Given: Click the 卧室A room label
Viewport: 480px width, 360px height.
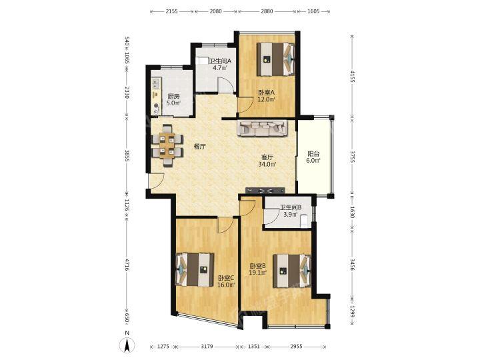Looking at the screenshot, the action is coord(267,95).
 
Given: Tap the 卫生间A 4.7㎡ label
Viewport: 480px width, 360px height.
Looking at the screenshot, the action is coord(220,64).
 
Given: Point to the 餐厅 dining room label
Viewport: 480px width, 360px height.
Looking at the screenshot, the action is coord(199,146).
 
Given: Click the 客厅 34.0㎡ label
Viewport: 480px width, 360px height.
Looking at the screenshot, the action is coord(267,161).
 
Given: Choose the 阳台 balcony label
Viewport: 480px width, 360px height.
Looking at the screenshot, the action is coord(313,157).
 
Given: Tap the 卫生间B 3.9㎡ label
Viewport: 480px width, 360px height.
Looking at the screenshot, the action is coord(291,211).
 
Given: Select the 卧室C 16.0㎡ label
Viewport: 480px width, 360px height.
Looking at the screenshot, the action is coord(226,281).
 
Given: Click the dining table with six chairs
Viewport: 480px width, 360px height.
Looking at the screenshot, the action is coord(167,145).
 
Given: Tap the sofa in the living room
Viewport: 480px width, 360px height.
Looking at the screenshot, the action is coord(263,128).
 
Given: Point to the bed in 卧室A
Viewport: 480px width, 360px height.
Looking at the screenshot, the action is coord(275,59).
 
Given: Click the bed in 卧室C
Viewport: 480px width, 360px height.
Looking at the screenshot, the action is coord(195,270).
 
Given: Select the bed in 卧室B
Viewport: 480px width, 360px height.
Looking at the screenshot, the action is coord(293,271).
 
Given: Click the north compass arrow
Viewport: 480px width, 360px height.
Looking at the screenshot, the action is coord(128,345).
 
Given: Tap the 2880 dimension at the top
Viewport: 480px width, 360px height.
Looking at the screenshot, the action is coord(267,11).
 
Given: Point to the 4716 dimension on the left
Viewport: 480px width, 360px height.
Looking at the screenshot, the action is coord(127,263).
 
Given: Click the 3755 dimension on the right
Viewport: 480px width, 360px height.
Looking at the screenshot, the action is coord(353,157).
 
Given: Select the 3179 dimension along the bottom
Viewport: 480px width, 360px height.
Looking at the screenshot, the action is coord(207,347).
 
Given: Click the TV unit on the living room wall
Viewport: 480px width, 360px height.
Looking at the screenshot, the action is coord(265,190).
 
